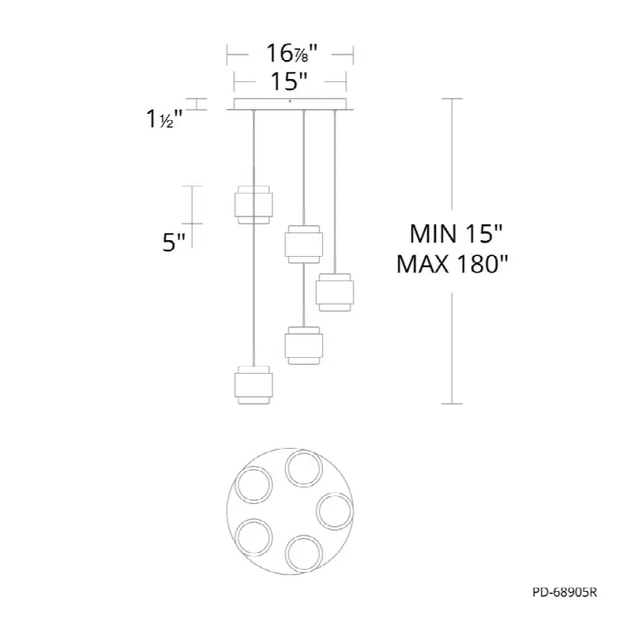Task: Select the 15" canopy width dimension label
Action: click(x=289, y=81)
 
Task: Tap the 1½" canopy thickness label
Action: click(x=164, y=119)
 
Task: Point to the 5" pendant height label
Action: click(x=174, y=243)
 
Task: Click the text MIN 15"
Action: click(x=456, y=234)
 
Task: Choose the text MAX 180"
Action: click(x=453, y=265)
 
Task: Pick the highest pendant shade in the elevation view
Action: click(x=254, y=205)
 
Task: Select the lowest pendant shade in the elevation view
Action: click(x=254, y=385)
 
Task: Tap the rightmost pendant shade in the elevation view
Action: click(x=335, y=292)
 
